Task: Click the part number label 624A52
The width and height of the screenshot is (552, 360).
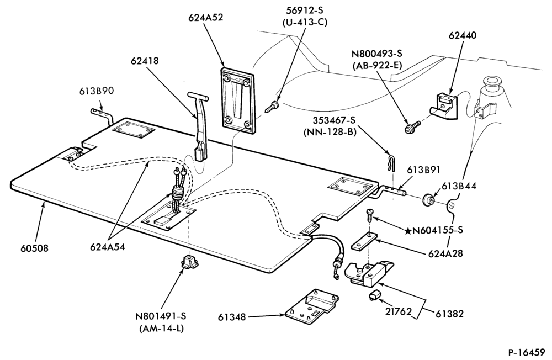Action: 205,17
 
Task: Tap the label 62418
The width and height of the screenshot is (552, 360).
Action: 145,61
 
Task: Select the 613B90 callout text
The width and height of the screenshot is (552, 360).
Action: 96,91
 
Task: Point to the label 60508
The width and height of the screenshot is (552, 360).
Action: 34,248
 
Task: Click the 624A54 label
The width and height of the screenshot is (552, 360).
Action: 108,247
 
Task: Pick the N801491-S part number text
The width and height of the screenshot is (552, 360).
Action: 161,316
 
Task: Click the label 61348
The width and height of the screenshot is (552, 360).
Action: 232,317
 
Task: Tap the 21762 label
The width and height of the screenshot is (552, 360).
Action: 397,312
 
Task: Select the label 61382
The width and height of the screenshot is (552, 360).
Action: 449,314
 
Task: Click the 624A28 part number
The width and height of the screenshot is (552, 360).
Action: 445,253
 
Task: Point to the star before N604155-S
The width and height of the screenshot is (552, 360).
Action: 408,231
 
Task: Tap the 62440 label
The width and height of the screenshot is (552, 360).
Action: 462,35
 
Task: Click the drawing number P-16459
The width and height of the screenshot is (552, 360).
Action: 526,352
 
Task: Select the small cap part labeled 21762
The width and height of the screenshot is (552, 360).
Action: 374,294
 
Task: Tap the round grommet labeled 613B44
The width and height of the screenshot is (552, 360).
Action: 427,200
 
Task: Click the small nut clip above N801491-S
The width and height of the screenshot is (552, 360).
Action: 189,262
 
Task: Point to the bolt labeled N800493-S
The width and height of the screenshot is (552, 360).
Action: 412,127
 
